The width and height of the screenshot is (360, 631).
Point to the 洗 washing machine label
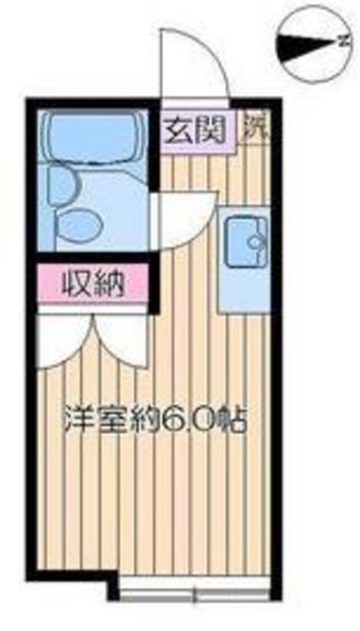(253, 125)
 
